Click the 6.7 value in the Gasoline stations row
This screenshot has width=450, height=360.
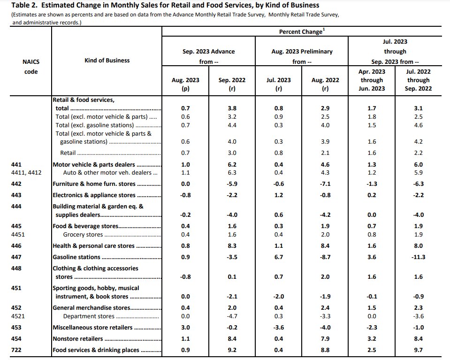coord(279,257)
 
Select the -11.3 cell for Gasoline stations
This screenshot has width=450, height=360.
coord(418,257)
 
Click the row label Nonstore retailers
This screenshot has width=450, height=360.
coord(78,339)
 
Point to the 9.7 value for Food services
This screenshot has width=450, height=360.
coord(418,350)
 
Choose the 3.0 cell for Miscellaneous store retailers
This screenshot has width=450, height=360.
coord(186,328)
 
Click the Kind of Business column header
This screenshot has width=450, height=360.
coord(107,60)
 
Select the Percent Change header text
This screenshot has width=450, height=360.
coord(300,31)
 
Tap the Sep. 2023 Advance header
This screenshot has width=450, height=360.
coord(209,52)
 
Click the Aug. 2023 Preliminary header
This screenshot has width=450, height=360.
coord(302,52)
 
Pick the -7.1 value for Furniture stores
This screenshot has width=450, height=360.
coord(325,184)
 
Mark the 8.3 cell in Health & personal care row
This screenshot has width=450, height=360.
coord(232,246)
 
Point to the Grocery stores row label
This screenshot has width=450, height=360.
coord(83,235)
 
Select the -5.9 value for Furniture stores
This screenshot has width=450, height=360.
coord(232,184)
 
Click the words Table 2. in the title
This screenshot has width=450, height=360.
coord(25,5)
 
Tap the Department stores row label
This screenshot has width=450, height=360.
coord(89,316)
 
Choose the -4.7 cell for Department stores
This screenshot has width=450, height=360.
coord(232,316)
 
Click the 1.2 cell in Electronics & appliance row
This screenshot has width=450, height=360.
coord(279,195)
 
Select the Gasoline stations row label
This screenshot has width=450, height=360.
coord(76,257)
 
